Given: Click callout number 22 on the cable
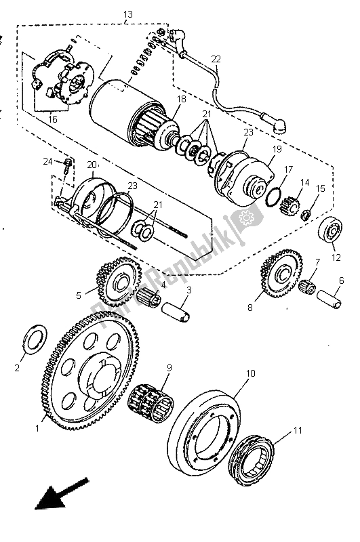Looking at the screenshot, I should tap(215, 60).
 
